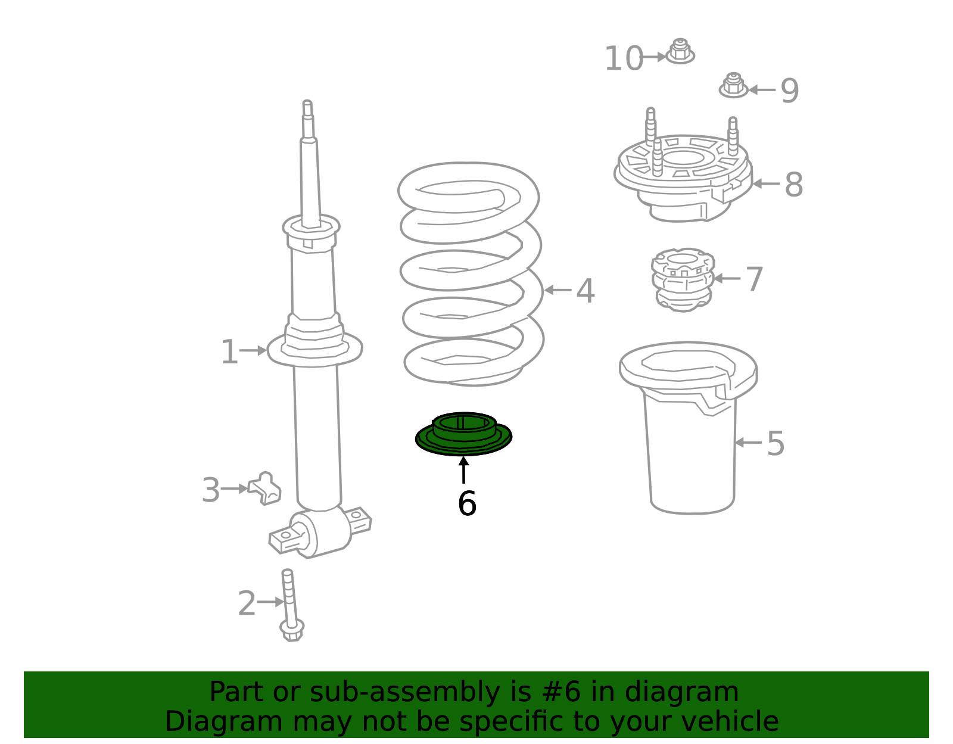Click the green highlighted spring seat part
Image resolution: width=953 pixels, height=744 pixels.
[x=463, y=444]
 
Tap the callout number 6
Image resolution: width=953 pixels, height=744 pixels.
[x=466, y=503]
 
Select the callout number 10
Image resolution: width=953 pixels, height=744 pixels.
[x=624, y=58]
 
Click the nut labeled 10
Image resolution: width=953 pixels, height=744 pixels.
[x=680, y=51]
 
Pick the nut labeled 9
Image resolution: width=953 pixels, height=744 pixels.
[x=733, y=85]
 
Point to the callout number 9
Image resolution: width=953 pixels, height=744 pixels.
[x=789, y=91]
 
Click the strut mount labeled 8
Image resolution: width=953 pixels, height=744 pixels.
[x=683, y=171]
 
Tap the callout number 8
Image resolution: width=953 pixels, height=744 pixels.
[x=794, y=185]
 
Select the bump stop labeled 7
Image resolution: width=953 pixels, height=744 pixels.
[x=683, y=280]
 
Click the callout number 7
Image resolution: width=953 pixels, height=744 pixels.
[x=754, y=279]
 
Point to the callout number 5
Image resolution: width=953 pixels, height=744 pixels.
[x=776, y=443]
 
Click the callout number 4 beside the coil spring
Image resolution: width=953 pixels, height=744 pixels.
[x=585, y=291]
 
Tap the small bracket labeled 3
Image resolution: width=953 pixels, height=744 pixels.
[x=264, y=488]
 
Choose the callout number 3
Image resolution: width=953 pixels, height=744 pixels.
[x=210, y=490]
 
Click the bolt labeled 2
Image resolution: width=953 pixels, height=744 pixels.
[x=291, y=605]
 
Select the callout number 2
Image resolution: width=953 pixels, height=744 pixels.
[x=247, y=603]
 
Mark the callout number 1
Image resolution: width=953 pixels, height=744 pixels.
[x=229, y=351]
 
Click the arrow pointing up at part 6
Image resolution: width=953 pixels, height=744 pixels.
[x=463, y=470]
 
